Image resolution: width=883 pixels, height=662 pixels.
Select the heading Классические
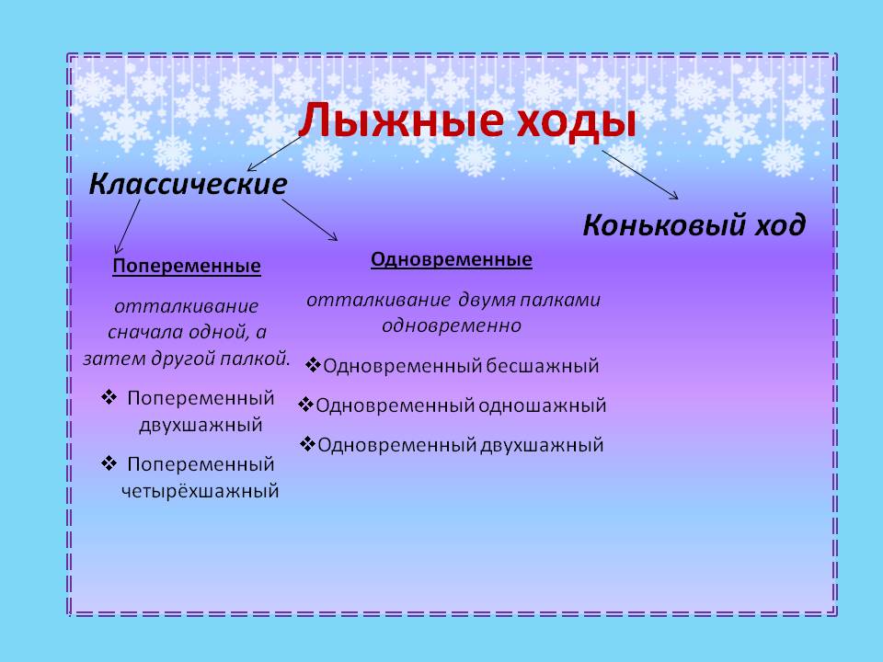[x=188, y=184]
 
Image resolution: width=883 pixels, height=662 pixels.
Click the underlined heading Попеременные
[x=187, y=267]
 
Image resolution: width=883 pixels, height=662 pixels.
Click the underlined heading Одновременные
[x=452, y=259]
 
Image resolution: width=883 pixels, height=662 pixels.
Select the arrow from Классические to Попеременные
[x=128, y=225]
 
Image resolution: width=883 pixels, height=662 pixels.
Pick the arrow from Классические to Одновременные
[x=309, y=220]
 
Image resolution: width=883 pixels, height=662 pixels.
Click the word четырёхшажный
[x=200, y=491]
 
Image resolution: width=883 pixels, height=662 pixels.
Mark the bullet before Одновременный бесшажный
[x=313, y=365]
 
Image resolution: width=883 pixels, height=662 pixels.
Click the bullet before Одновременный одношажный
[x=305, y=405]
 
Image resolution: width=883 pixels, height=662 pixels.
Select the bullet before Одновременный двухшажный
[x=308, y=444]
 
